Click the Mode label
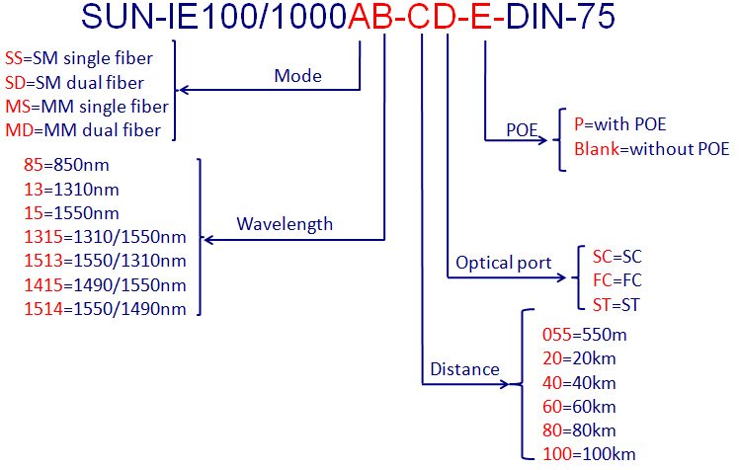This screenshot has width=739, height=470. pos(298,76)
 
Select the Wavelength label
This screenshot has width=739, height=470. pos(285,224)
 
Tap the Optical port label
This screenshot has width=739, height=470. pos(503,263)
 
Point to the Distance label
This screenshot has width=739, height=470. pos(464,370)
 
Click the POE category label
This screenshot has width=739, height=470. pos(522,129)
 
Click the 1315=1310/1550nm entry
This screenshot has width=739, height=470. pos(104,237)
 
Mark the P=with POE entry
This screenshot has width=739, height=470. pos(619,124)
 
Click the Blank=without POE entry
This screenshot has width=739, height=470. pos(651,149)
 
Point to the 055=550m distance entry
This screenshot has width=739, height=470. pos(585,335)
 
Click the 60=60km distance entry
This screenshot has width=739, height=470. pos(580,406)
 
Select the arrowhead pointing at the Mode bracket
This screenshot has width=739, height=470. pos(183,91)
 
